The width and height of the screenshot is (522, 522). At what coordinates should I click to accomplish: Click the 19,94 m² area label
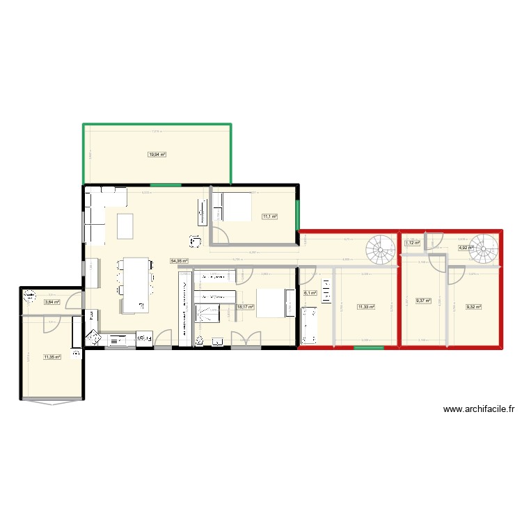tap(157, 155)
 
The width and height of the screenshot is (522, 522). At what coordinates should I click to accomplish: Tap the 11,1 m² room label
tap(269, 216)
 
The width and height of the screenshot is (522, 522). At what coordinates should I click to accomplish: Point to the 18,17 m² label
tap(245, 306)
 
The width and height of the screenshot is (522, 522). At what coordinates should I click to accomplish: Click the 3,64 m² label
tap(52, 302)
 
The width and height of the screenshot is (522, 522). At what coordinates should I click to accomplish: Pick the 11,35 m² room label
tap(52, 357)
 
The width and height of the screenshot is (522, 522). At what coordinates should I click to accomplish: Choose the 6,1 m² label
tap(310, 293)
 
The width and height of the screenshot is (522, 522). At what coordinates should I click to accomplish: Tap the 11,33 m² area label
tap(365, 306)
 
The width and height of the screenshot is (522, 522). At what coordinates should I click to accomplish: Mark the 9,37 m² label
tap(424, 301)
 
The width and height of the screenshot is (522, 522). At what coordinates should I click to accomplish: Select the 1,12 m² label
tap(413, 243)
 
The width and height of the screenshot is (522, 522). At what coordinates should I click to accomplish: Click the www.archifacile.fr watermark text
tap(479, 410)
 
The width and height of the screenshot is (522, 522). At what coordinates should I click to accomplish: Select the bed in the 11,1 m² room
tap(235, 207)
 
